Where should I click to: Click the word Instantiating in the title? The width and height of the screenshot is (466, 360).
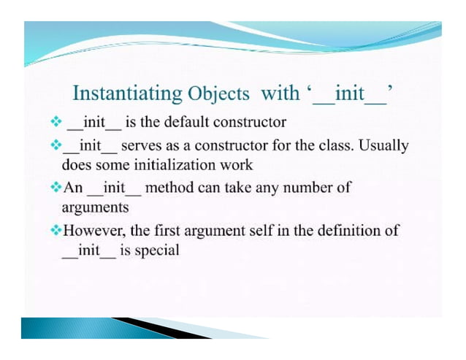click(x=127, y=93)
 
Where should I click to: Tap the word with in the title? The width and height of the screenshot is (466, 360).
click(x=281, y=93)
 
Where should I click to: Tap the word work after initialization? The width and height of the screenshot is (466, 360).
click(x=234, y=164)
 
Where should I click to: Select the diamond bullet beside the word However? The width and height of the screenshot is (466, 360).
click(x=56, y=231)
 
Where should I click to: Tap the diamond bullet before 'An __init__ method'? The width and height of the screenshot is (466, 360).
click(x=56, y=188)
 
